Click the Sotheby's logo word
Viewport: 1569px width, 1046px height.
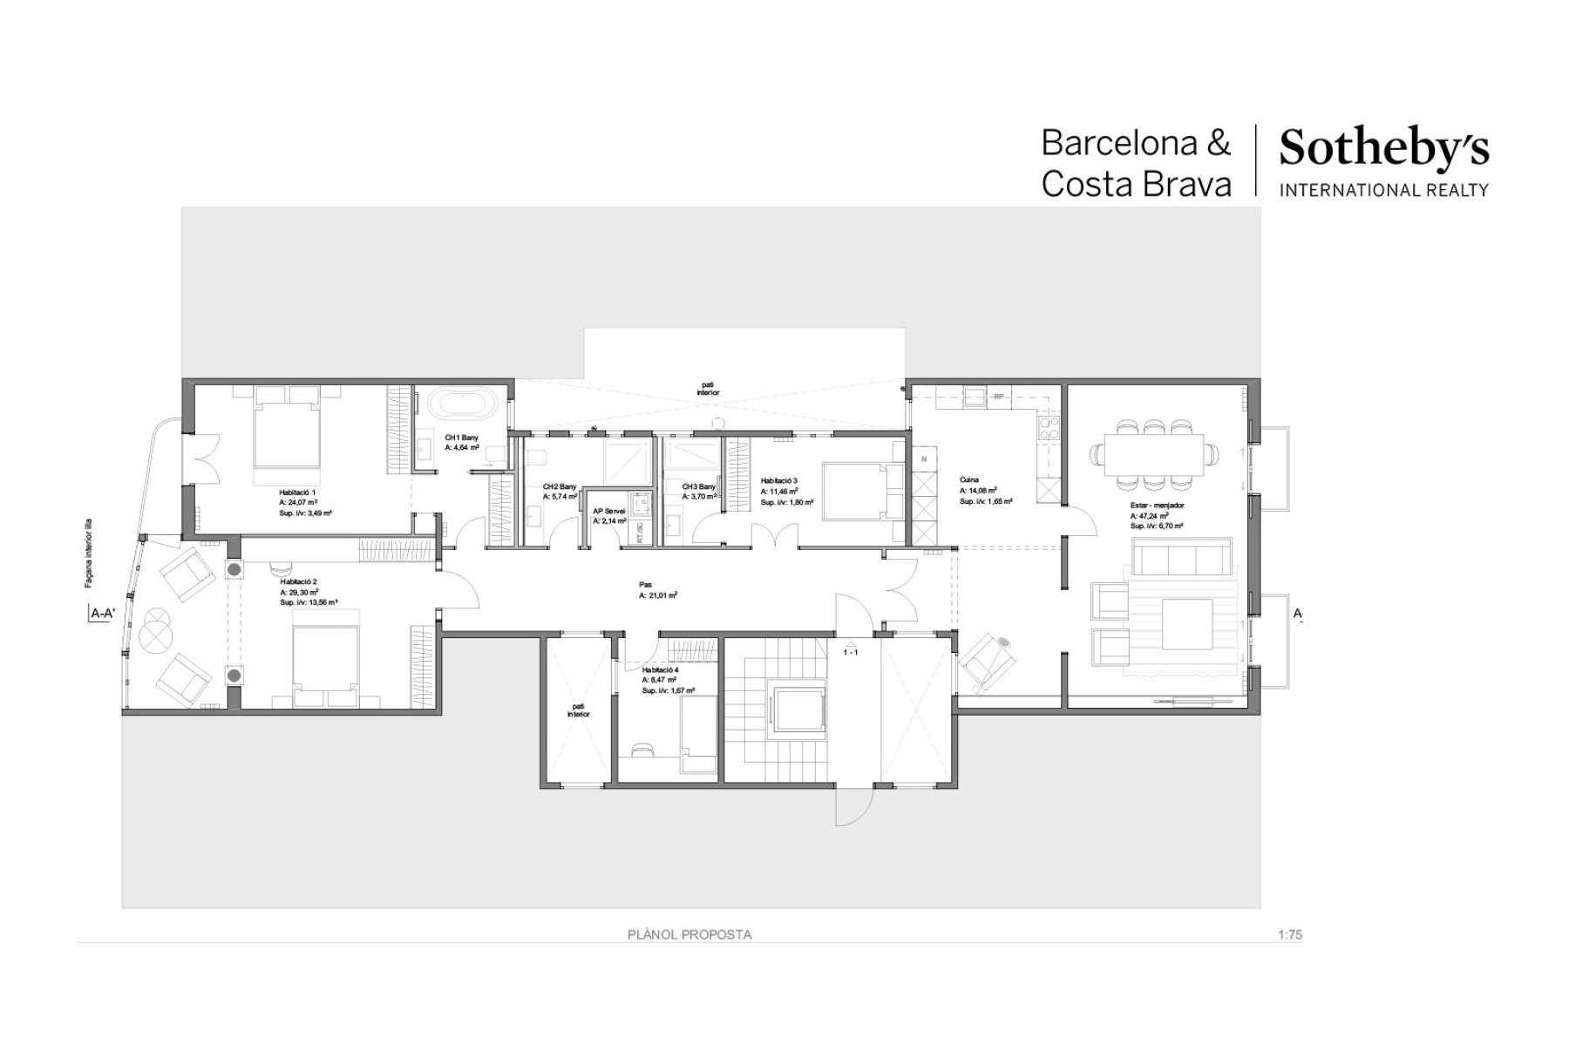(x=1383, y=151)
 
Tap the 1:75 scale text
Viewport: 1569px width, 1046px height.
(x=1289, y=934)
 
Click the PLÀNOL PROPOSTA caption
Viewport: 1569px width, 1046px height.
(x=689, y=934)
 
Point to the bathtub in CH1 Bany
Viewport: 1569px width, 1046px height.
(x=462, y=404)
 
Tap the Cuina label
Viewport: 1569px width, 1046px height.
(x=968, y=479)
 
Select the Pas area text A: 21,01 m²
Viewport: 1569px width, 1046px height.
(x=657, y=595)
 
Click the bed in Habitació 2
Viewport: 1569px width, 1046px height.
(x=325, y=659)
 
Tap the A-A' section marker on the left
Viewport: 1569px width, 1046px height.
(x=103, y=614)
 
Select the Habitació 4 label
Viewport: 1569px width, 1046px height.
(x=658, y=669)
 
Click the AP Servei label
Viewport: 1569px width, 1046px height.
(x=608, y=511)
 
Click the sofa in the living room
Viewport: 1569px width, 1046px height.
(x=1181, y=556)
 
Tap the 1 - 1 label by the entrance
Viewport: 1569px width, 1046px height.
(x=851, y=651)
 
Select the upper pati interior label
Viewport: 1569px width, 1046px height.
(x=708, y=388)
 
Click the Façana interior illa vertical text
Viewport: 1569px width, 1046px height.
(x=89, y=554)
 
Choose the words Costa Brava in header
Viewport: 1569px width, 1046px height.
(x=1136, y=184)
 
